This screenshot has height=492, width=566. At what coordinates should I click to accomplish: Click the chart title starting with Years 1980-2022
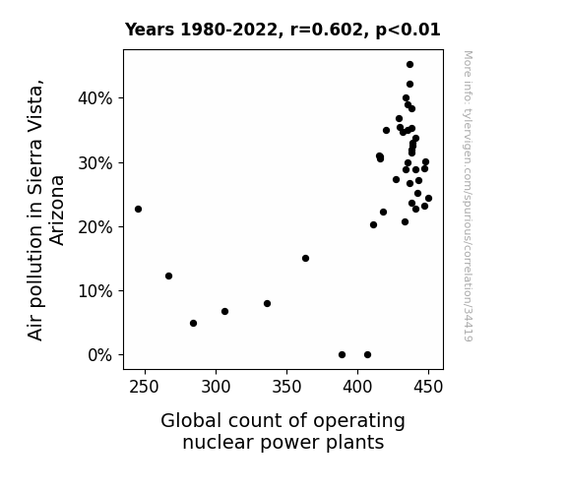(x=283, y=30)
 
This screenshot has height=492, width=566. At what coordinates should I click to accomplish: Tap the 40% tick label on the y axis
(x=94, y=98)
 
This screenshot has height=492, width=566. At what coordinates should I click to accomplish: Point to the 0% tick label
(x=100, y=355)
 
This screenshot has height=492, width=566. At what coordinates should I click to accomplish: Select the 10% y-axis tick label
(x=94, y=291)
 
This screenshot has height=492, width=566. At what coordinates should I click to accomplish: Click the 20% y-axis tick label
(x=94, y=227)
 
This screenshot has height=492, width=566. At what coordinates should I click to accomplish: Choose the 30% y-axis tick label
(x=94, y=163)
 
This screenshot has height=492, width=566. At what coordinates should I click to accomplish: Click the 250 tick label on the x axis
(x=145, y=387)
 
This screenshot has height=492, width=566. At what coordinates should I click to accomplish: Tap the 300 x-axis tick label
(x=216, y=387)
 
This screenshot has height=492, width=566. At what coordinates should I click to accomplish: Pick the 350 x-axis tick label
(x=286, y=387)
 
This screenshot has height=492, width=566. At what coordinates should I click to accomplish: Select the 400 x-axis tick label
(x=357, y=387)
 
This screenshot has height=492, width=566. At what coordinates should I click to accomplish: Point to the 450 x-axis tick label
(x=428, y=387)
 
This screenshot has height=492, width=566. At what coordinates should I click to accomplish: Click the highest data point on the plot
(x=409, y=65)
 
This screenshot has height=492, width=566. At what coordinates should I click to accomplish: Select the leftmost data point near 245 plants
(x=138, y=209)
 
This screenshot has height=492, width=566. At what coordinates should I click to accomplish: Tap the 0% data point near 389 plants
(x=342, y=355)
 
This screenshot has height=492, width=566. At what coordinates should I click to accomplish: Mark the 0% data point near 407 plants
(x=367, y=355)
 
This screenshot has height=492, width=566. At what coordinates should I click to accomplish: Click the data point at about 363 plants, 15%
(x=305, y=258)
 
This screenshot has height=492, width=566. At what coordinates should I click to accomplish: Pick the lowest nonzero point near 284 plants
(x=194, y=323)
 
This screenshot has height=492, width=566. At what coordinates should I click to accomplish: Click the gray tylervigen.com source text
(x=468, y=196)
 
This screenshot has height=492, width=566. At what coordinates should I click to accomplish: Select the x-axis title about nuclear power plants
(x=283, y=431)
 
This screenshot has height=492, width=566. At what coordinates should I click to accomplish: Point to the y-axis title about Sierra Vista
(x=45, y=210)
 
